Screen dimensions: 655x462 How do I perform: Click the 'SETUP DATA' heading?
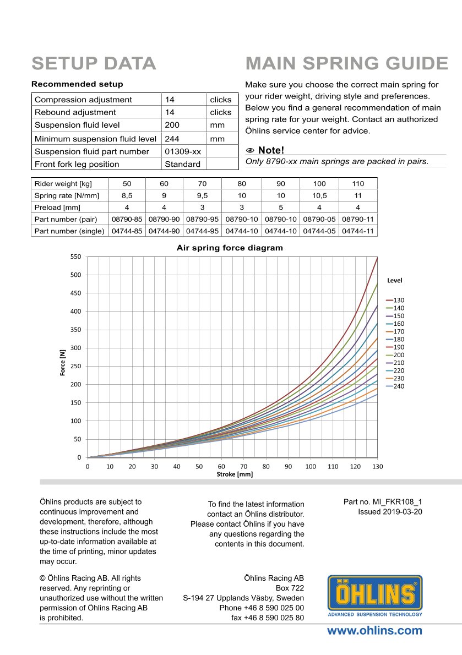94,63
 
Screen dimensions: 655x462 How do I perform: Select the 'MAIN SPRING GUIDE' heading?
347,63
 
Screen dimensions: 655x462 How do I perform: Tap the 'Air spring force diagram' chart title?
230,248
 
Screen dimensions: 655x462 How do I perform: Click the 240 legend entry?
399,386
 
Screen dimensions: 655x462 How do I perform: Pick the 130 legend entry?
399,300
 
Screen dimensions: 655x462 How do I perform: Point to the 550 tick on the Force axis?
76,257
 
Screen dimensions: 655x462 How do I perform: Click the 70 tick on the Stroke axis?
244,466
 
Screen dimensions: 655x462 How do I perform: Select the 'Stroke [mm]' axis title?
234,474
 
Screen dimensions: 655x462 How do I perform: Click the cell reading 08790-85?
127,219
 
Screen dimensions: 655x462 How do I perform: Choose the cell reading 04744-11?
358,231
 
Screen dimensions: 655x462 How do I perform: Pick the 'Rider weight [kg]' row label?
63,183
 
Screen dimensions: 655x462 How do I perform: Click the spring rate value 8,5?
127,195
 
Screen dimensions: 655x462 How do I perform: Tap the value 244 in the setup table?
172,139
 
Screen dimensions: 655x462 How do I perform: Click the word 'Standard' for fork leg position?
182,164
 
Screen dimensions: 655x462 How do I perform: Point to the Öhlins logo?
375,596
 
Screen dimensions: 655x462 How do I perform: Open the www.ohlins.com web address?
375,631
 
